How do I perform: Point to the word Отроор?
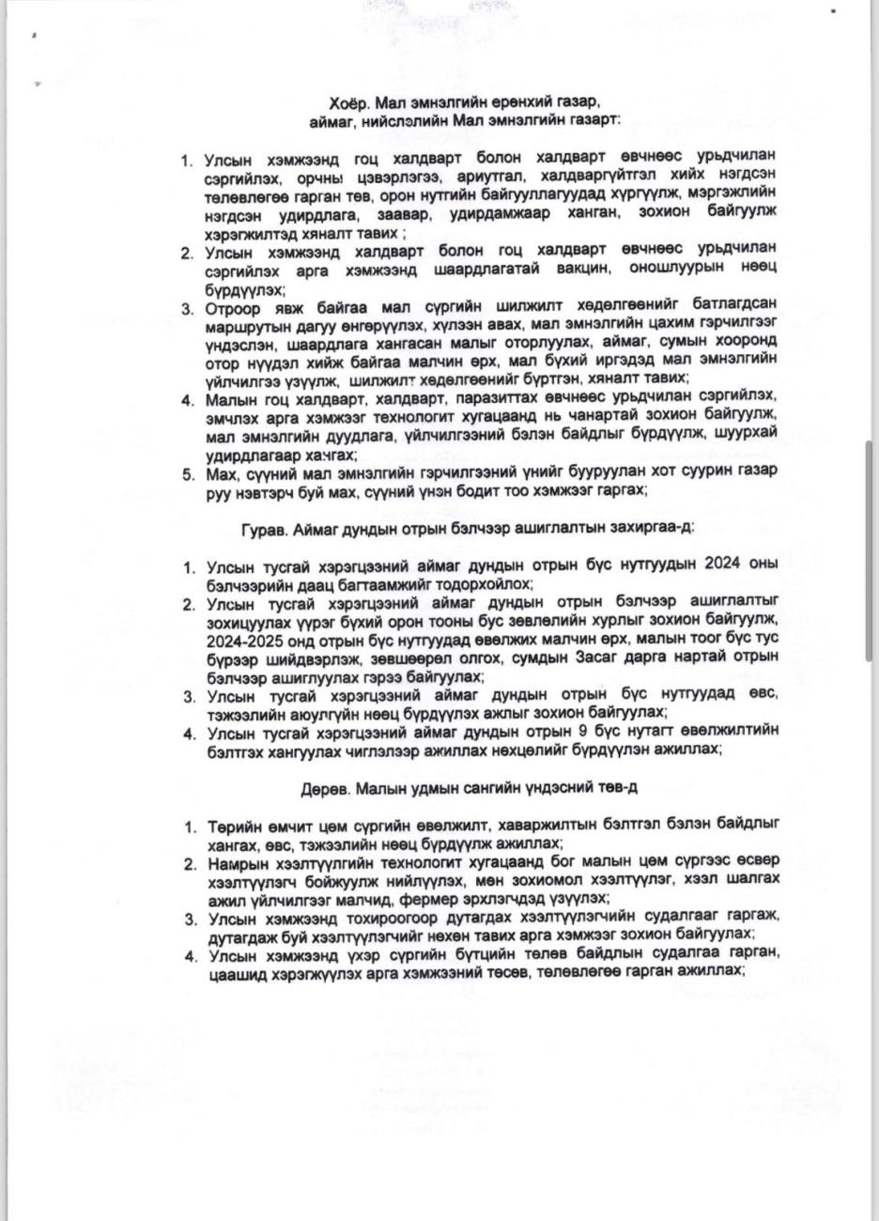[x=232, y=306]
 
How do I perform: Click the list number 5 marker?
[x=188, y=473]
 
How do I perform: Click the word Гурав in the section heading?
[x=264, y=528]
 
